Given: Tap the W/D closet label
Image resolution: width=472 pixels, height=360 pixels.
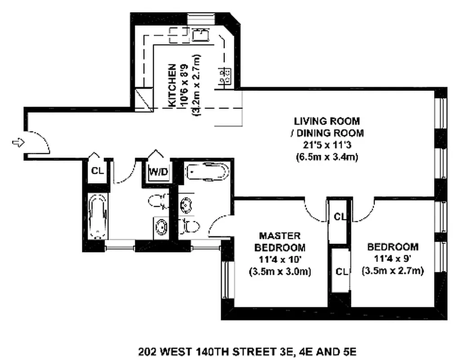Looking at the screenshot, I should (x=156, y=171).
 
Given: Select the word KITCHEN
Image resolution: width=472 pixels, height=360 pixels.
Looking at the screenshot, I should (x=172, y=85).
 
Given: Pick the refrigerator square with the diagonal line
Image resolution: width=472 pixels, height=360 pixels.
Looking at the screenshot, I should (x=144, y=99).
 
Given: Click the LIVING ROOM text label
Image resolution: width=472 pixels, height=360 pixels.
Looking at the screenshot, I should (x=327, y=121).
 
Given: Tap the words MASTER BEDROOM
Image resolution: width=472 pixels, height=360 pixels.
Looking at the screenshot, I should (x=280, y=242).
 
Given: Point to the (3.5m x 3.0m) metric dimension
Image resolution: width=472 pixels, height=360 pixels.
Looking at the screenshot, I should (x=280, y=271).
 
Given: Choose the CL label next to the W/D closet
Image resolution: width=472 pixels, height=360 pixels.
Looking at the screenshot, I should (x=97, y=171).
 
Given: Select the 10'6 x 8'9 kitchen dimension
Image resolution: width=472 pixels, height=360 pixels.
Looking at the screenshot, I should (x=185, y=85).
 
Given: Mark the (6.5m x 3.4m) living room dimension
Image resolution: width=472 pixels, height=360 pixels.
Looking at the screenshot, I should (x=327, y=157).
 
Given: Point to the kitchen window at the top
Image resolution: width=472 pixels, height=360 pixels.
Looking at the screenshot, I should (x=201, y=19).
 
